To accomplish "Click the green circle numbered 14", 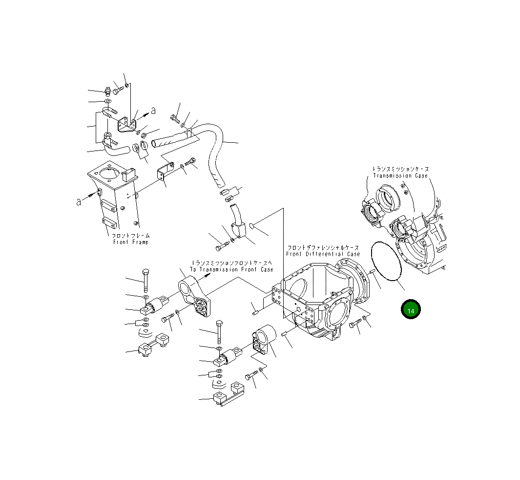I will click(x=411, y=310).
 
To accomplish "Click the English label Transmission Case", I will click(x=400, y=175).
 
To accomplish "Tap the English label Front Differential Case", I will click(x=323, y=254).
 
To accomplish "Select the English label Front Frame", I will click(x=130, y=242).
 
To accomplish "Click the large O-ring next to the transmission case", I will click(x=386, y=262).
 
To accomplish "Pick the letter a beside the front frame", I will click(x=79, y=202).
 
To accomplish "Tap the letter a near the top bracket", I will click(x=153, y=111).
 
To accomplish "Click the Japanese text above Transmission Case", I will click(x=400, y=169).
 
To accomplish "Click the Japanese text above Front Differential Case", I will click(x=323, y=248).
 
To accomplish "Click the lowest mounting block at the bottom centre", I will click(x=228, y=395).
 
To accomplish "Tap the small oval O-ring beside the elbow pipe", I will click(x=251, y=226).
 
